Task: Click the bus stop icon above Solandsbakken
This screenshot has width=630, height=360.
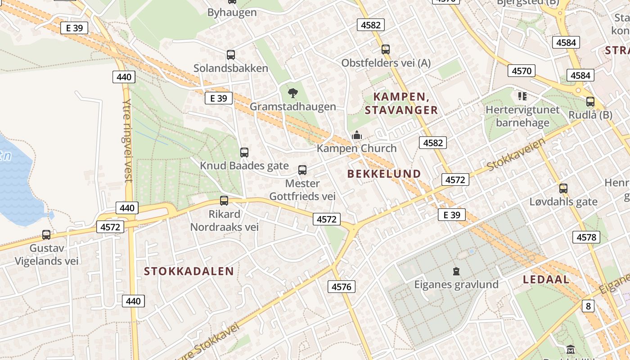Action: tap(231, 55)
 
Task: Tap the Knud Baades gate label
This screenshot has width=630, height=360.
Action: tap(244, 166)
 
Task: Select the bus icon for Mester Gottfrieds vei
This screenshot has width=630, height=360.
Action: tap(302, 170)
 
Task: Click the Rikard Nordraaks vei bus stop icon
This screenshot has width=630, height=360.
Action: tap(224, 201)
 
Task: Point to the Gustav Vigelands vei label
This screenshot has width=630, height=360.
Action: tap(46, 255)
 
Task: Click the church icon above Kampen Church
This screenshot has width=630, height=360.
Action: tap(357, 135)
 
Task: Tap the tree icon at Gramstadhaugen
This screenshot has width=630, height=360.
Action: tap(293, 93)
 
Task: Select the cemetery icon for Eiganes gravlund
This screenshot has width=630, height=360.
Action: tap(456, 271)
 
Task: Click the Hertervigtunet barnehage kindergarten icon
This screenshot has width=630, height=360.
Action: tap(522, 96)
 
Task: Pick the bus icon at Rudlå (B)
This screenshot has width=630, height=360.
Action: tap(590, 102)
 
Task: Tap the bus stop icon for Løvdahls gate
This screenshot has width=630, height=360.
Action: tap(563, 189)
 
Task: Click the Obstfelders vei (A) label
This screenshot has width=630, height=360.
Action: tap(386, 63)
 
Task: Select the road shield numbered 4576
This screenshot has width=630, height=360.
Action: tap(342, 286)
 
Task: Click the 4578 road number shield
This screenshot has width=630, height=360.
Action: tap(586, 237)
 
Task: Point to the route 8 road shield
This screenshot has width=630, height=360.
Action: tap(588, 306)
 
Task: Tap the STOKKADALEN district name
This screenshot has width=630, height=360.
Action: tap(189, 271)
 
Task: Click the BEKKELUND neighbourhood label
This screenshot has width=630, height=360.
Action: tap(384, 174)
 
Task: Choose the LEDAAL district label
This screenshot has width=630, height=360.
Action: tap(546, 279)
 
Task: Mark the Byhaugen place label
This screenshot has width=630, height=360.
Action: tap(232, 13)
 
